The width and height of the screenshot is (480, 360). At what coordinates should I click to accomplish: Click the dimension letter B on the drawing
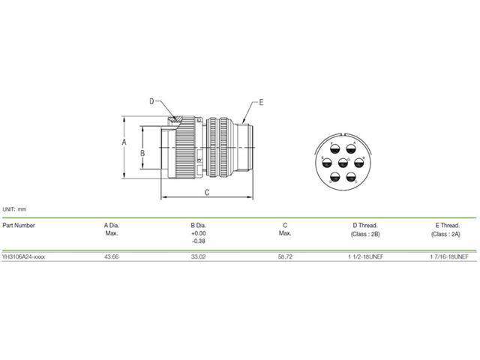tap(142, 152)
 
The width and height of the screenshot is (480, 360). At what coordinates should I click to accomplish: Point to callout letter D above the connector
tap(151, 100)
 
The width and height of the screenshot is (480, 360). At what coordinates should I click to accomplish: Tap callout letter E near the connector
tap(261, 100)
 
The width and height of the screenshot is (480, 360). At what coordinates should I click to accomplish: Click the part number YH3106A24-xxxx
tap(23, 256)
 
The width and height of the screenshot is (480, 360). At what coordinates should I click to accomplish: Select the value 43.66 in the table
tap(112, 256)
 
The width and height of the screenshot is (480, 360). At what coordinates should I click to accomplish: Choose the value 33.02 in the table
tap(199, 256)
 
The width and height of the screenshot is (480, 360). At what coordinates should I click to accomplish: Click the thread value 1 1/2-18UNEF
tap(364, 256)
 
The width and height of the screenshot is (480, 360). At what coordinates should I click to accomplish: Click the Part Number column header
tap(19, 225)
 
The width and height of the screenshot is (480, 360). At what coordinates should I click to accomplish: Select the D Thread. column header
tap(364, 225)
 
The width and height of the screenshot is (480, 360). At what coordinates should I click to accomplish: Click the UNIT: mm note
tap(14, 208)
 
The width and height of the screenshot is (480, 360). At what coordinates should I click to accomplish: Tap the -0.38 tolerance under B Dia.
tap(199, 241)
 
